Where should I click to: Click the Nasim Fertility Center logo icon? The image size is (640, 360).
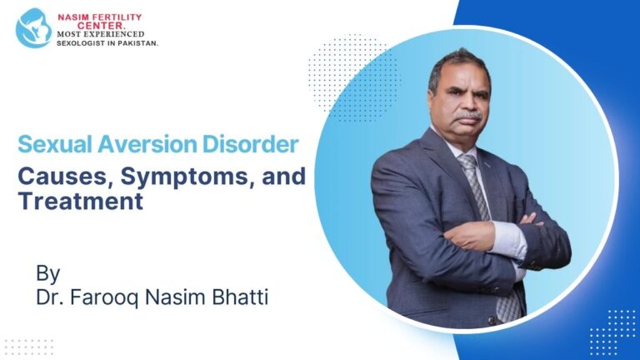tap(33, 27)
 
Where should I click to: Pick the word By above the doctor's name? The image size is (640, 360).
tap(47, 272)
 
